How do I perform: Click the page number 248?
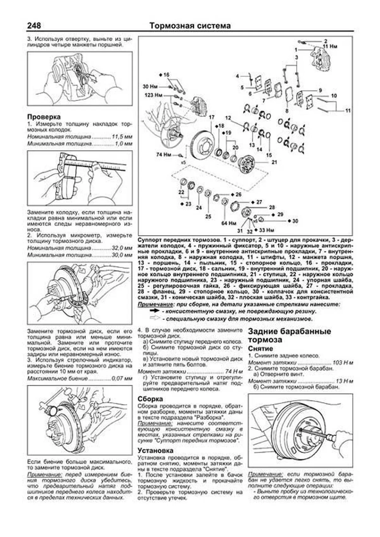click(34, 25)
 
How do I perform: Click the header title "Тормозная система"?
click(190, 26)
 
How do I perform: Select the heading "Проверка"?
click(44, 117)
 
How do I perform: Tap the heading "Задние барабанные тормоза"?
click(289, 336)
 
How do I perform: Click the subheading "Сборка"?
click(150, 399)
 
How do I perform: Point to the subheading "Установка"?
click(155, 450)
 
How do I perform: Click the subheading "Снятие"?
click(260, 348)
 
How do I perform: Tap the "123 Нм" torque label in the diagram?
click(153, 95)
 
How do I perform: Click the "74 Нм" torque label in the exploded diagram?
click(163, 155)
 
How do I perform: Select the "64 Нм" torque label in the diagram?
click(229, 223)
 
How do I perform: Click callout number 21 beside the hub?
click(274, 162)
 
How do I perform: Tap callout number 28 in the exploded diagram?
click(272, 208)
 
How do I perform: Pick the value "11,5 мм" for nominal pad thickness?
click(122, 137)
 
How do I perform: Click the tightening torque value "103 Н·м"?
click(343, 363)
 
